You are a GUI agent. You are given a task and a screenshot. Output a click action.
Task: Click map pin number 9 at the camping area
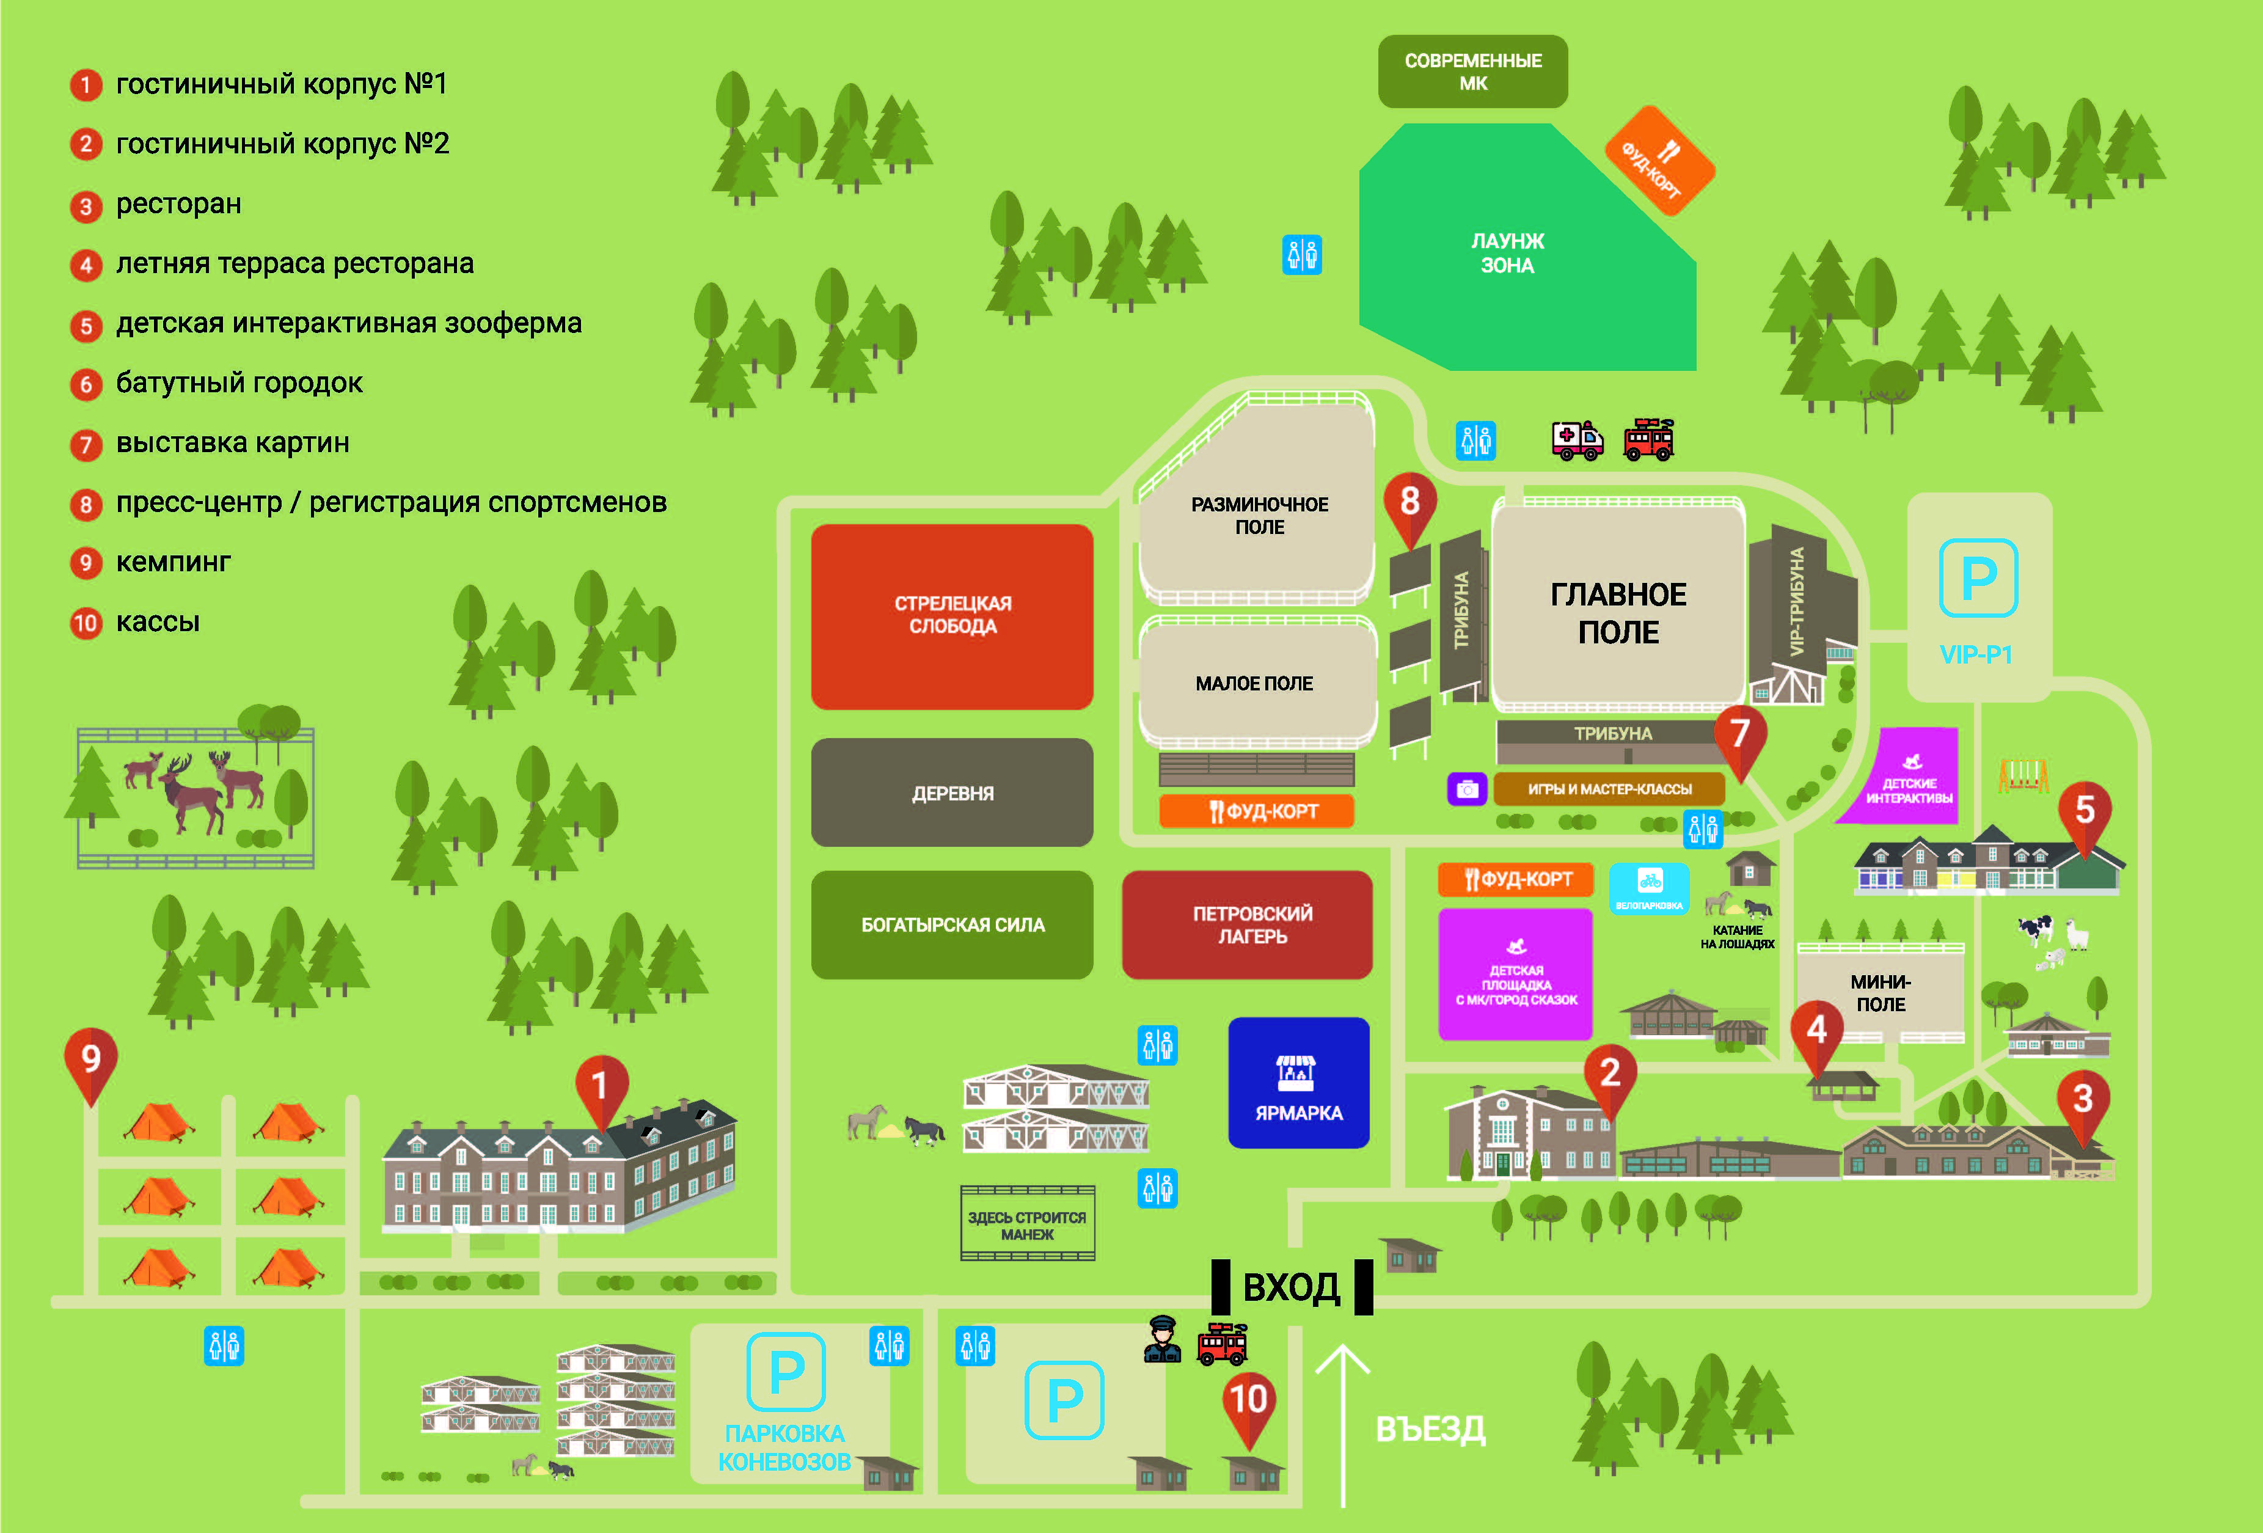click(x=90, y=1059)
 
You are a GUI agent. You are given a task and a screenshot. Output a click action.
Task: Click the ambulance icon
click(x=1576, y=441)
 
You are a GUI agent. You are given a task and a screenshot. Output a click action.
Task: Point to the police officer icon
click(x=1161, y=1340)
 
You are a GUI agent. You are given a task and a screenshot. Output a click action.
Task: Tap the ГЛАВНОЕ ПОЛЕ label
click(x=1617, y=613)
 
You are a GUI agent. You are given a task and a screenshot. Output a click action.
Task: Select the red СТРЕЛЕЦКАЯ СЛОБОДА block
click(x=952, y=615)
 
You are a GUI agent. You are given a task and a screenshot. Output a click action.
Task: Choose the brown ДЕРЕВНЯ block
click(x=952, y=793)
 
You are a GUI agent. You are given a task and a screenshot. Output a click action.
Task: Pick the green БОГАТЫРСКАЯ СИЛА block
click(x=952, y=924)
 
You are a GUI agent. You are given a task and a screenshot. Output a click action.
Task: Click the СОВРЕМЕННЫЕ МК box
click(x=1472, y=71)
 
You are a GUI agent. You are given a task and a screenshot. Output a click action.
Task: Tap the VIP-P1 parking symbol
click(x=1978, y=579)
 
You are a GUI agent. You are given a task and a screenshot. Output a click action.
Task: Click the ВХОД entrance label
click(x=1291, y=1287)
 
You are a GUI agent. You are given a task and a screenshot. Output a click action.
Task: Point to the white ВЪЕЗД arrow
click(x=1343, y=1422)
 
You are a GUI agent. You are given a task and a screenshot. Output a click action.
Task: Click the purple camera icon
click(x=1466, y=789)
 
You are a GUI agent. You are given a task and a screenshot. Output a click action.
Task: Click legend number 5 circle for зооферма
click(x=86, y=325)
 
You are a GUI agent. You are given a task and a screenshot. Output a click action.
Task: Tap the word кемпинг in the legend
click(x=174, y=562)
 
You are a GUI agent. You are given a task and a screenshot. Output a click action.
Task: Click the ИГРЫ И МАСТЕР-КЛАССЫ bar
click(x=1609, y=789)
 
